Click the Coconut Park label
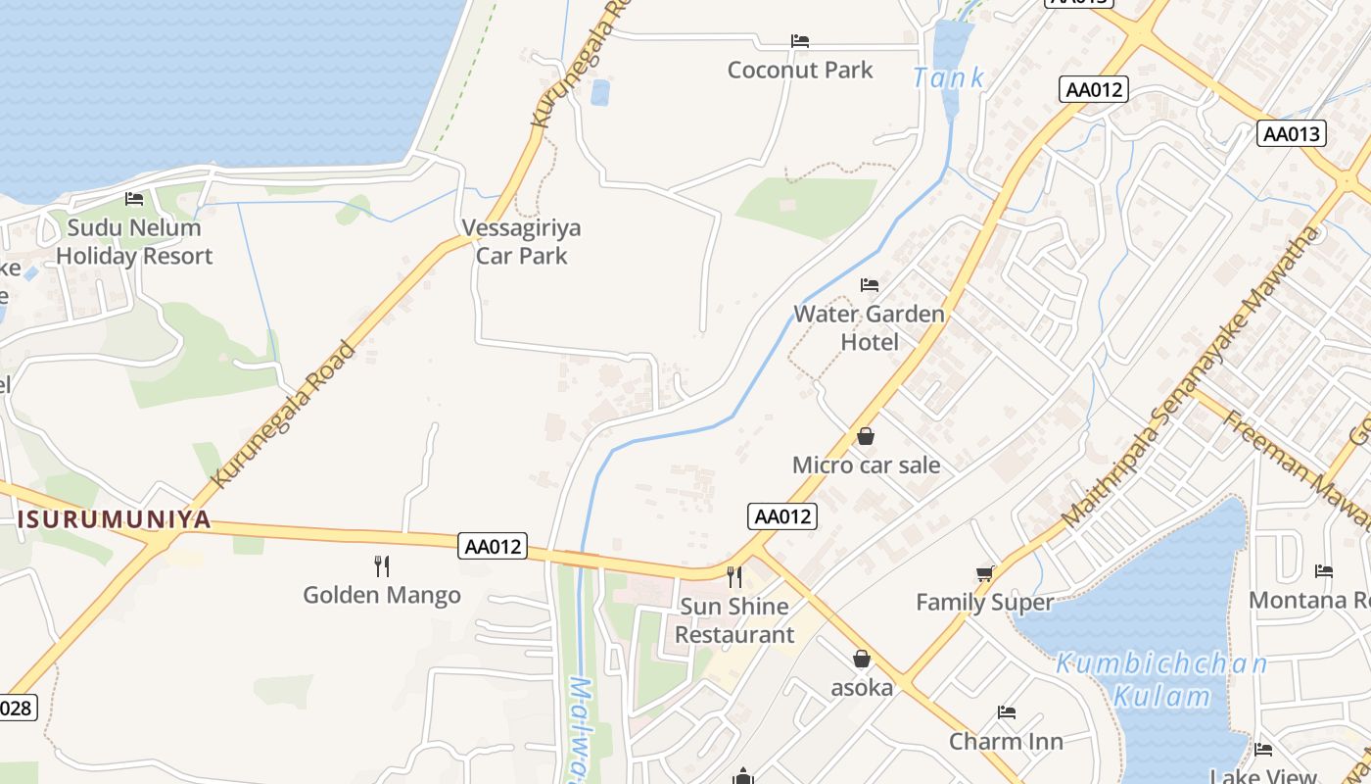pos(800,70)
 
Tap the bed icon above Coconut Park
pos(800,41)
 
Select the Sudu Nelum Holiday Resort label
pos(134,241)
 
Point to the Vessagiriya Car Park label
pos(521,241)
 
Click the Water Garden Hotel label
pos(870,327)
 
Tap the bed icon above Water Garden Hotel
pos(869,285)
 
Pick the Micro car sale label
pos(866,465)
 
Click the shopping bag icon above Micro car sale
pos(866,436)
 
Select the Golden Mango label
pos(382,595)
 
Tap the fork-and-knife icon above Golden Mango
pos(382,565)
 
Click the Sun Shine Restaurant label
pos(734,619)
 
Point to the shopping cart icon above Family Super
pos(984,573)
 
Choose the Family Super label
pos(984,602)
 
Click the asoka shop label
pos(862,687)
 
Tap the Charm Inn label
pos(1006,741)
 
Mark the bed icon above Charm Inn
pos(1006,711)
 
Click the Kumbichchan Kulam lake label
pos(1161,680)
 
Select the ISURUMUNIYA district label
pos(116,519)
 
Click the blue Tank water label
pos(948,78)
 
